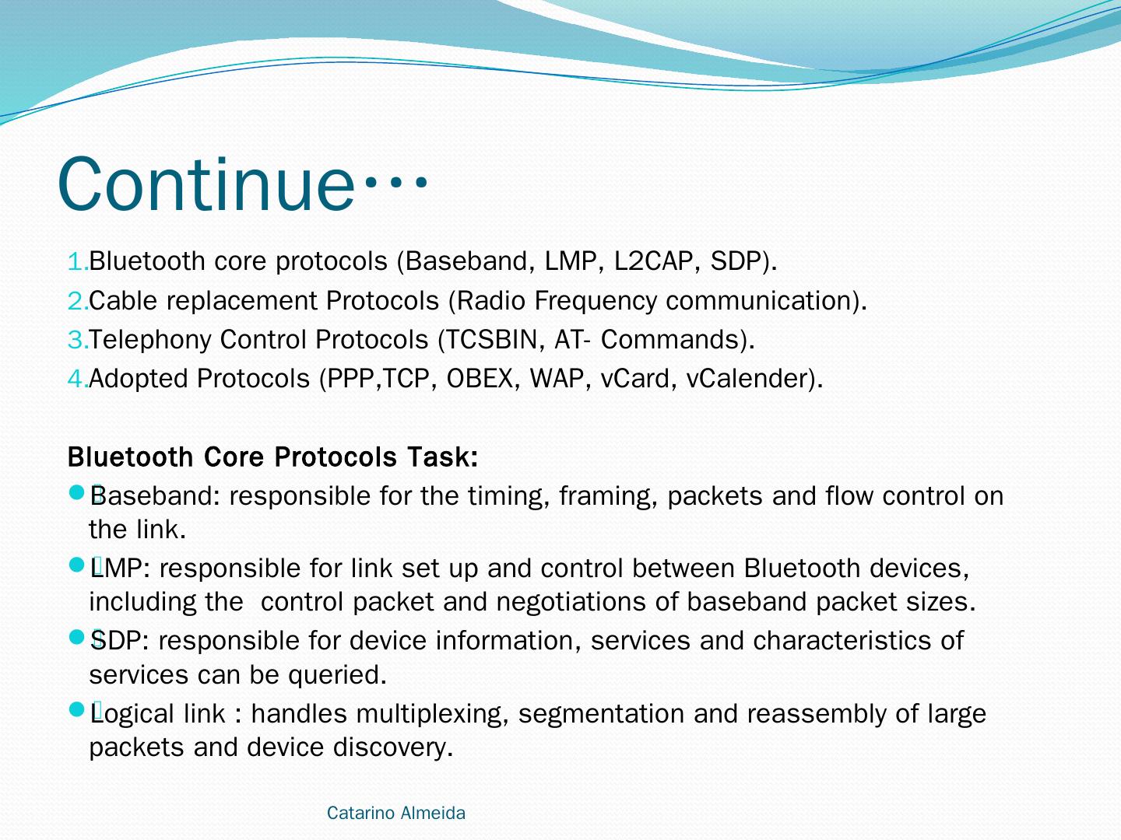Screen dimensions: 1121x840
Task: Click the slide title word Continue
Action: click(x=206, y=184)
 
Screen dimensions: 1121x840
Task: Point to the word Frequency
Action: click(x=596, y=301)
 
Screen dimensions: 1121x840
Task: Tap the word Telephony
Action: click(x=149, y=340)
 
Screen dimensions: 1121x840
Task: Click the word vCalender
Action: click(x=750, y=379)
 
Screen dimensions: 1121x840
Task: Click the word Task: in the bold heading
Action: click(x=442, y=457)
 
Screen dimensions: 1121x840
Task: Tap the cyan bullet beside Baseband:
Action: click(x=76, y=492)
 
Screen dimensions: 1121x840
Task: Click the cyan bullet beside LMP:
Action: click(x=76, y=565)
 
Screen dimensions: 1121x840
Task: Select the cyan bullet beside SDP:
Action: click(x=76, y=637)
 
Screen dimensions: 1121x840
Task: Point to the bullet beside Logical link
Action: click(x=76, y=709)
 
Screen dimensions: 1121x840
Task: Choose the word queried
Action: click(x=337, y=675)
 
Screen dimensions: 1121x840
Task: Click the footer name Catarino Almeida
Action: click(x=396, y=813)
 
